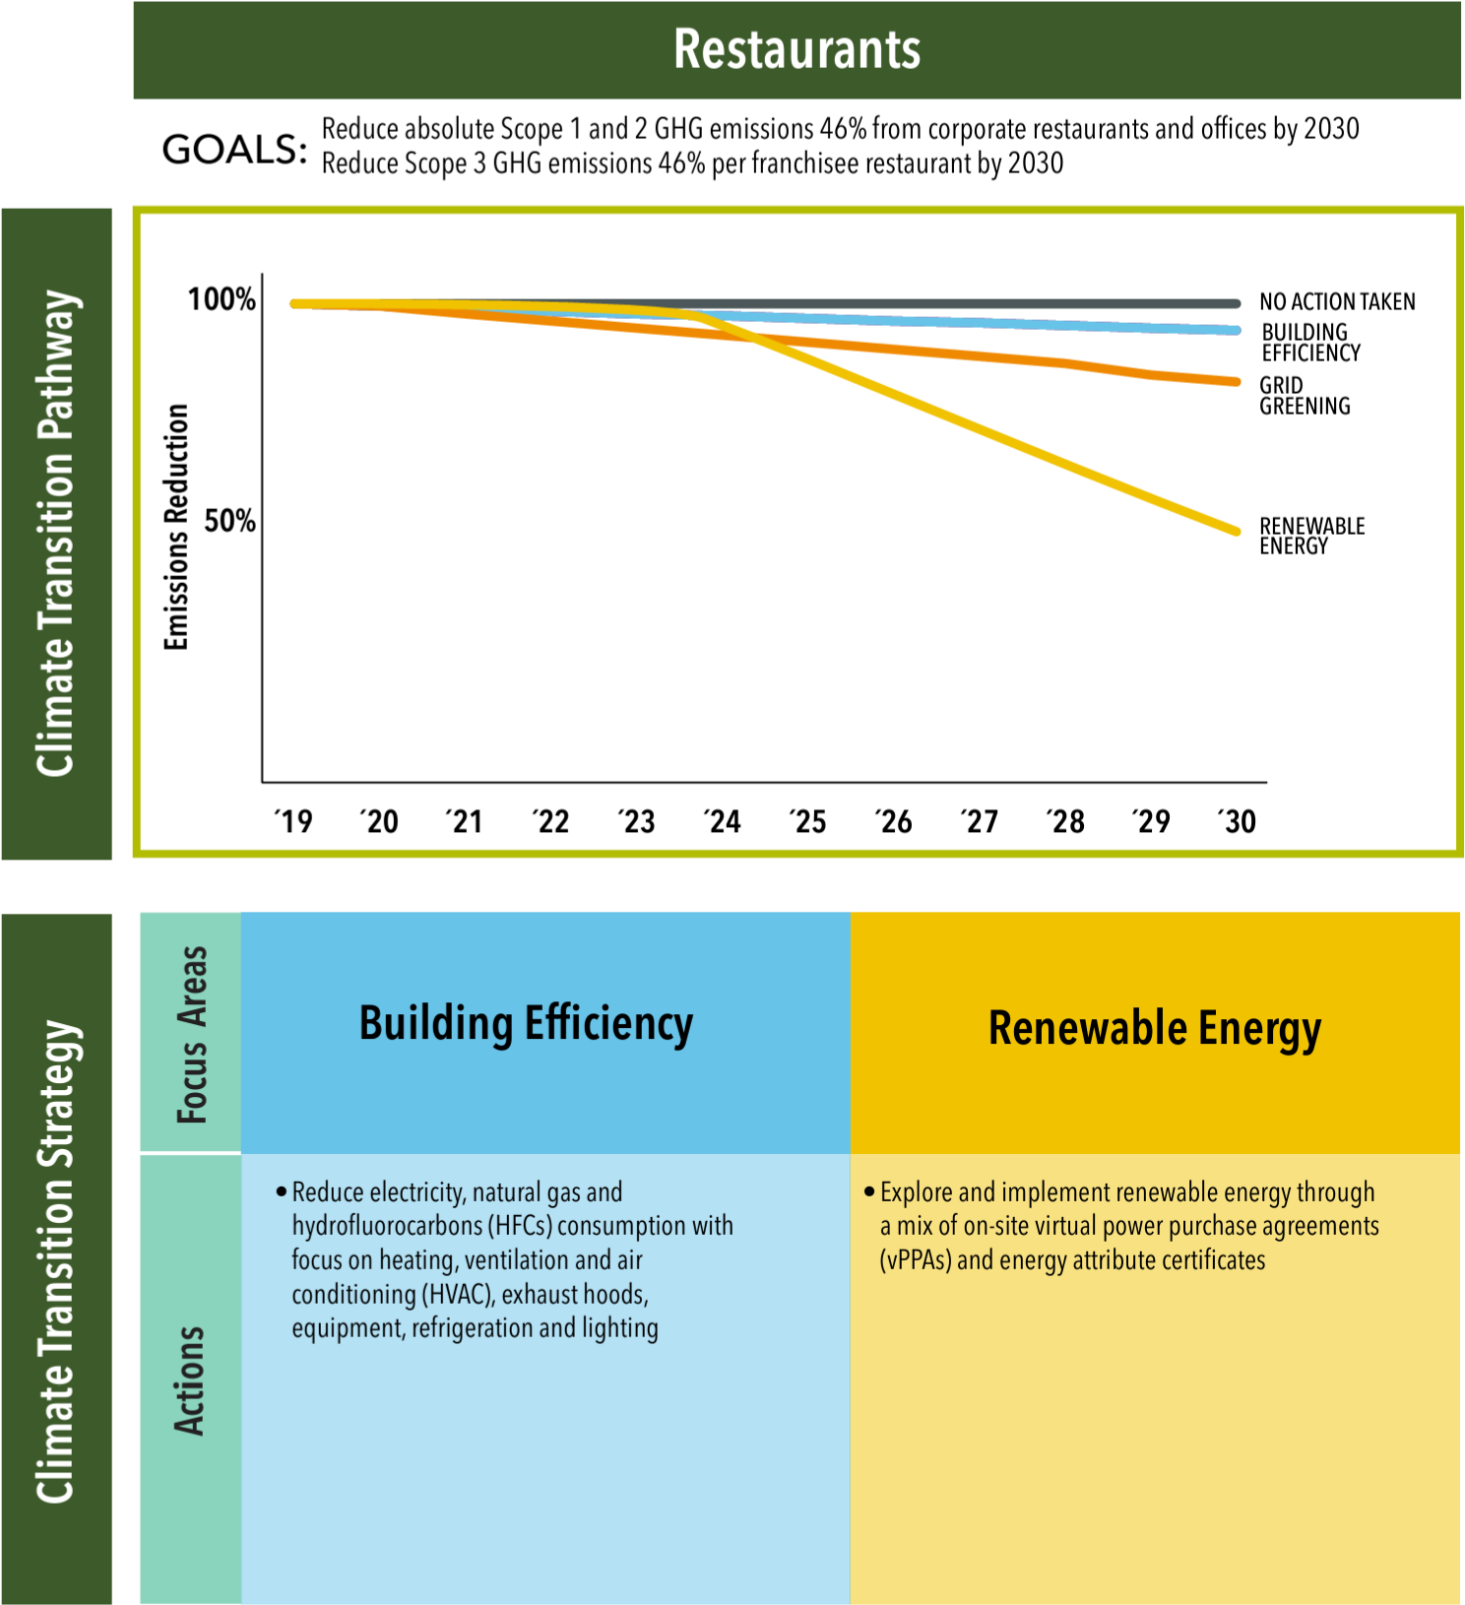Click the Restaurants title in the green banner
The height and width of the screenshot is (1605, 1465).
click(x=796, y=49)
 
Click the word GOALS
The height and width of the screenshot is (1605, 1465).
click(x=234, y=150)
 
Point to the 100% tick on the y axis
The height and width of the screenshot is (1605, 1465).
click(x=223, y=299)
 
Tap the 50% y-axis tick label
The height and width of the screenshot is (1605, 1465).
click(x=230, y=521)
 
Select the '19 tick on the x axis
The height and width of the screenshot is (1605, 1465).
click(x=293, y=821)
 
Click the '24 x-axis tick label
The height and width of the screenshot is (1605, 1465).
click(x=723, y=821)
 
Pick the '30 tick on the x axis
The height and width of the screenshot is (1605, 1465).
click(x=1238, y=821)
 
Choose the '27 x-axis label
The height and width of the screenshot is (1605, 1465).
click(x=980, y=821)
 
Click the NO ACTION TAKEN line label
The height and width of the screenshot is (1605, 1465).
click(x=1337, y=302)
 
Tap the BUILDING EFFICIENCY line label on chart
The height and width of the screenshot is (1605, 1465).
click(x=1310, y=343)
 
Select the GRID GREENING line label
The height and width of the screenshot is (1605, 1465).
click(x=1305, y=396)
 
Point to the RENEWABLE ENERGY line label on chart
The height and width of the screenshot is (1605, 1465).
click(x=1311, y=536)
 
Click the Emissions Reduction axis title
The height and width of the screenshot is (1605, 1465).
click(x=176, y=527)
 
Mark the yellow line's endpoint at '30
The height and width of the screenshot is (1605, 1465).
click(x=1237, y=532)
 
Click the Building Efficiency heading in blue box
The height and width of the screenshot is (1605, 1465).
click(x=526, y=1023)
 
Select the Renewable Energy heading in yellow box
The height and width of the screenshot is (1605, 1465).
click(x=1154, y=1028)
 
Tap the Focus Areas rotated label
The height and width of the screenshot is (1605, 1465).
click(x=192, y=1034)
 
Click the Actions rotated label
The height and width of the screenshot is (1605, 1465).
click(x=189, y=1380)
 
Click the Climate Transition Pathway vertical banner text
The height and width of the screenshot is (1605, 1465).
click(x=55, y=533)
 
